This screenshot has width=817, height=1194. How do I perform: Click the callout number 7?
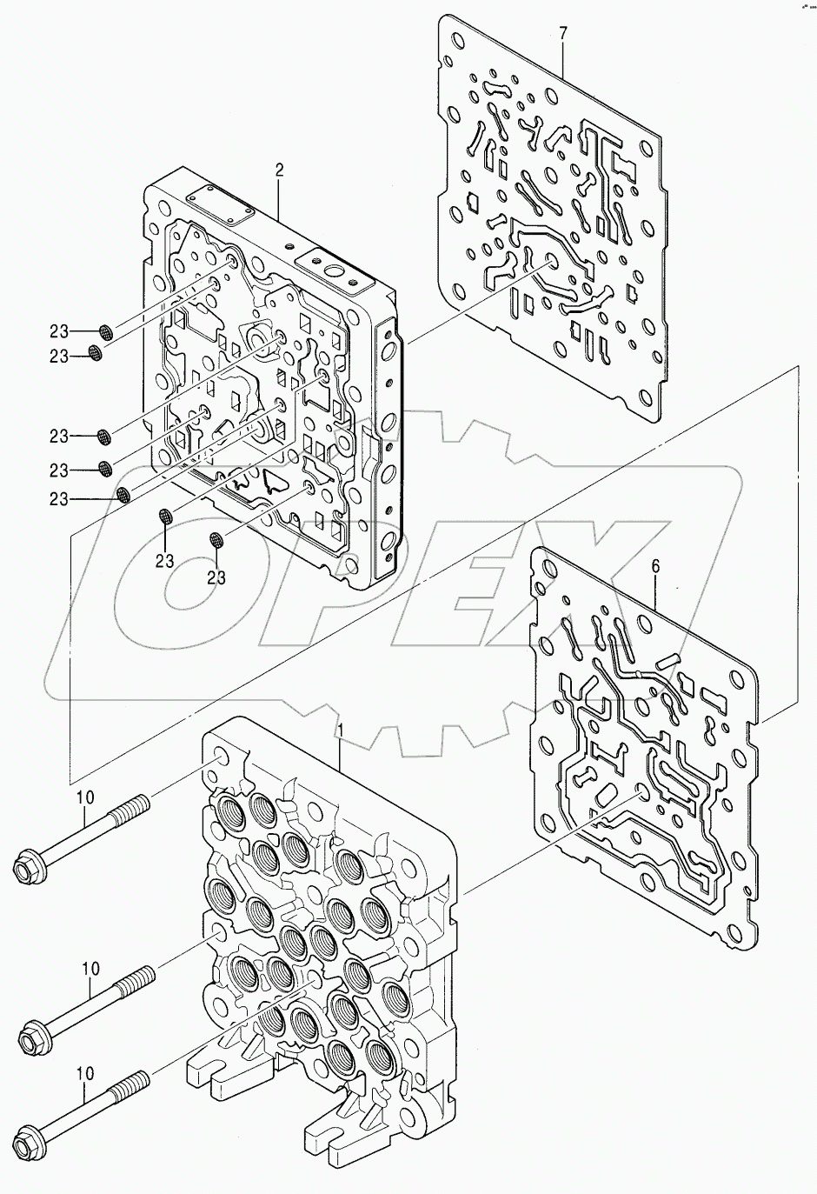[563, 34]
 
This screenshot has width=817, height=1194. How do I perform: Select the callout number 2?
[279, 170]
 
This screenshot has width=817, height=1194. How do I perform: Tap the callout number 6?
[656, 566]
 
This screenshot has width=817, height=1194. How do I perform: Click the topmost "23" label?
[58, 330]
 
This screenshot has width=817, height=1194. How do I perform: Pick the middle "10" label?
[90, 967]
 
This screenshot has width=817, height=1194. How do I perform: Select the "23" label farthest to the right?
[216, 577]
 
